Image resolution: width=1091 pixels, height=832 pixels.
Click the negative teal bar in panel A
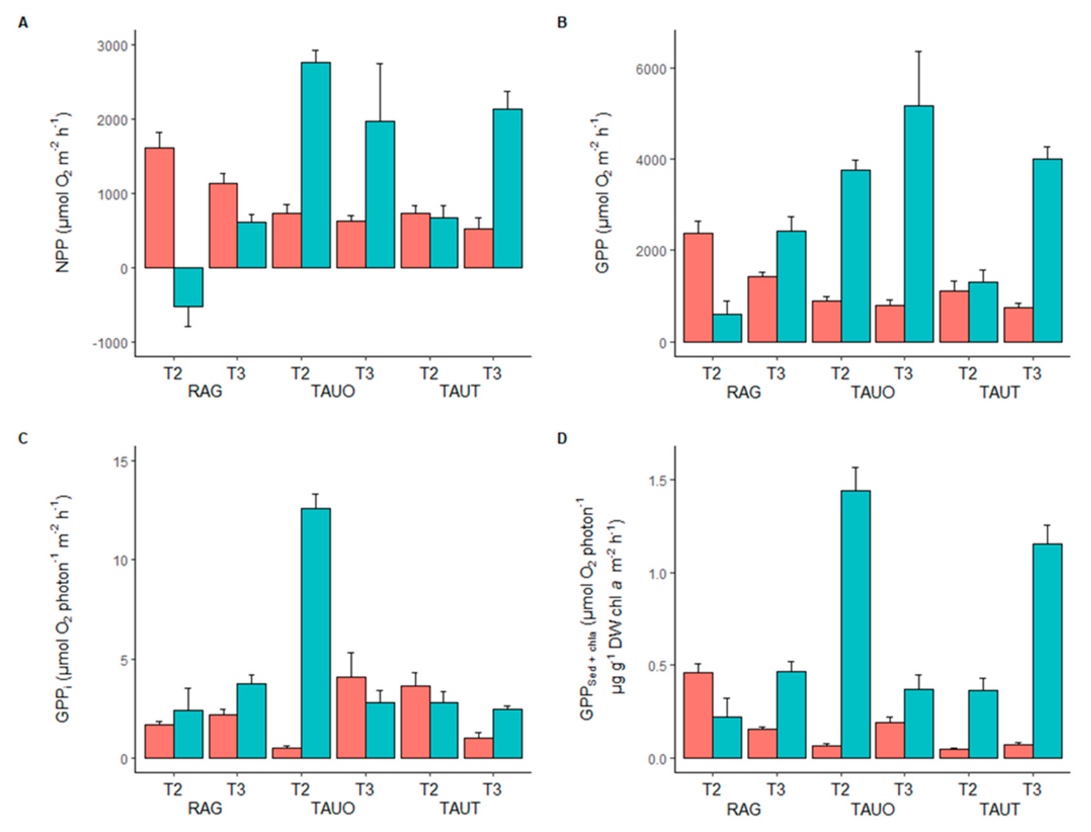(188, 287)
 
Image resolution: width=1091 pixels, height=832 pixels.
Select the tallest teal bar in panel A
(316, 165)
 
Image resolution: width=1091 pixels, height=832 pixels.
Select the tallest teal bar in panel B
(919, 224)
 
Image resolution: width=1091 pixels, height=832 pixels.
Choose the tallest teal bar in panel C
(316, 633)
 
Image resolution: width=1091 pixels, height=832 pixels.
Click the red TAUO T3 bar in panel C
(351, 718)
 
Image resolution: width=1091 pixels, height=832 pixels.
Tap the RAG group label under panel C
(205, 809)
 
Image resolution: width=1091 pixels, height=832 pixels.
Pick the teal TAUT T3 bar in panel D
(1047, 651)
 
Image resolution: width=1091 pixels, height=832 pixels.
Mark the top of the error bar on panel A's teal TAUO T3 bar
(380, 63)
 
